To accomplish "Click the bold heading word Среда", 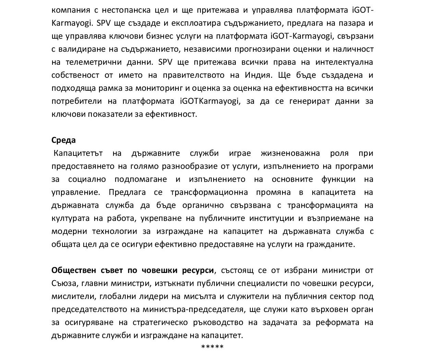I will pyautogui.click(x=63, y=140).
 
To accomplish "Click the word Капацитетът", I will pyautogui.click(x=78, y=153).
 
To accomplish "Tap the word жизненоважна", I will pyautogui.click(x=290, y=153).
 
